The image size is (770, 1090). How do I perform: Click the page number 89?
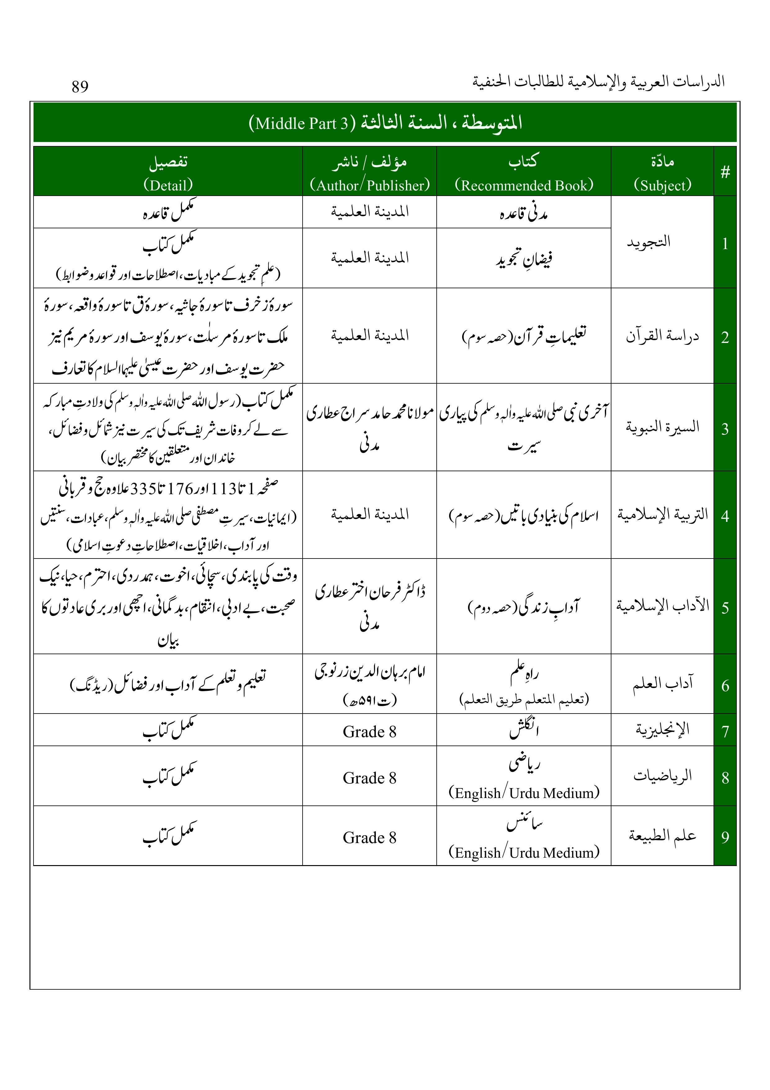pos(80,87)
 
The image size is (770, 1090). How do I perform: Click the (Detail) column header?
pos(168,185)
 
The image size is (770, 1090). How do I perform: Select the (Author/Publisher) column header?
pos(370,185)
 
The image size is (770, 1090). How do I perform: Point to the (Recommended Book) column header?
pos(524,185)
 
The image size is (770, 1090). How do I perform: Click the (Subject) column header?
pos(662,185)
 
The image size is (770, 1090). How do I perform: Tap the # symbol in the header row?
pos(725,172)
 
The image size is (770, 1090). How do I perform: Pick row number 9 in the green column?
pos(725,837)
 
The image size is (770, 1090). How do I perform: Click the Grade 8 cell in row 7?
pos(370,732)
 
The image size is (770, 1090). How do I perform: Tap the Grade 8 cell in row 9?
pos(370,837)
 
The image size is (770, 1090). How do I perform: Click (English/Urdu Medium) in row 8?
pos(524,793)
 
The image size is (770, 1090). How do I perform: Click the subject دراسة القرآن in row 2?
pos(662,336)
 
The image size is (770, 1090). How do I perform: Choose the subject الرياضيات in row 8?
pos(662,776)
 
